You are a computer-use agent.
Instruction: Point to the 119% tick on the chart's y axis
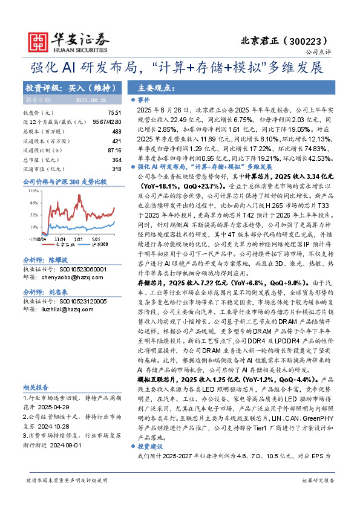[x=29, y=190]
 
